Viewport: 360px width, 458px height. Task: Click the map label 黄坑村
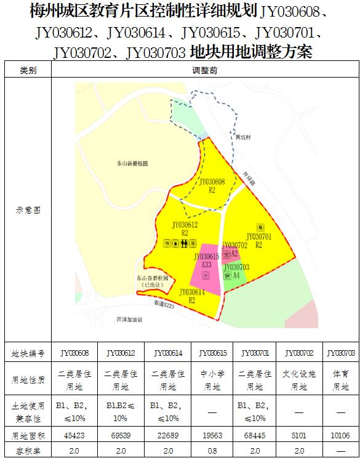pos(243,139)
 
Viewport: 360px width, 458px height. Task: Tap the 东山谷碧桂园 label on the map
pos(133,163)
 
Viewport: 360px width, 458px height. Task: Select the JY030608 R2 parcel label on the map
pos(212,185)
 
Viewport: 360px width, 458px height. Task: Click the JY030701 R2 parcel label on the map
pos(258,240)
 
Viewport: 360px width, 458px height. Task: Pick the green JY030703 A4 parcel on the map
pos(236,271)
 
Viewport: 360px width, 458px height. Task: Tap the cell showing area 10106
pos(339,435)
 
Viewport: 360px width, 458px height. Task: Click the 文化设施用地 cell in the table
pos(298,380)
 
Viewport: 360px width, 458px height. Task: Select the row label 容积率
pos(28,451)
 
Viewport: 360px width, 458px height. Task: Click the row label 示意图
pos(28,209)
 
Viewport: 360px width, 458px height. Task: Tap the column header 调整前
pos(205,71)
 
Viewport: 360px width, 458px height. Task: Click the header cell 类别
pos(28,71)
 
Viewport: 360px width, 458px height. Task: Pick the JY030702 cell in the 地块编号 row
pos(298,353)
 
